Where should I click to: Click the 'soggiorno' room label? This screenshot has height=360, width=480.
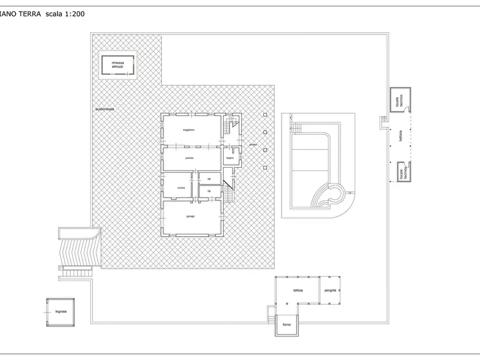[x=188, y=131]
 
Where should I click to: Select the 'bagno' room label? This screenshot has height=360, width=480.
[x=230, y=158]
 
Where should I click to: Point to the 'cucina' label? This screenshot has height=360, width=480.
[x=181, y=187]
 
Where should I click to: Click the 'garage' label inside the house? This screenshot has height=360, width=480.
[x=190, y=216]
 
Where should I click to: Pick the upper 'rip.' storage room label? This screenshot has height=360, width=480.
[x=209, y=178]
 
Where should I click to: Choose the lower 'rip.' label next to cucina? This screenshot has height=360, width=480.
[x=209, y=191]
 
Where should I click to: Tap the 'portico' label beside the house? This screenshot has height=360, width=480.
[x=253, y=145]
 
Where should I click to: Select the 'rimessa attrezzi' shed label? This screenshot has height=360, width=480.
[x=118, y=65]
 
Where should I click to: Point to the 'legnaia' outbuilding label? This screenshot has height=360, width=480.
[x=60, y=312]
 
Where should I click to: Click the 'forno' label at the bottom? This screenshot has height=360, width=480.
[x=286, y=325]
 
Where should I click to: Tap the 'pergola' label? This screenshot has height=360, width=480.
[x=331, y=290]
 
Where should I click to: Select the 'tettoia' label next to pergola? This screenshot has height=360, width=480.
[x=298, y=290]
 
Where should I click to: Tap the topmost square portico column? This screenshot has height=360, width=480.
[x=265, y=114]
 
